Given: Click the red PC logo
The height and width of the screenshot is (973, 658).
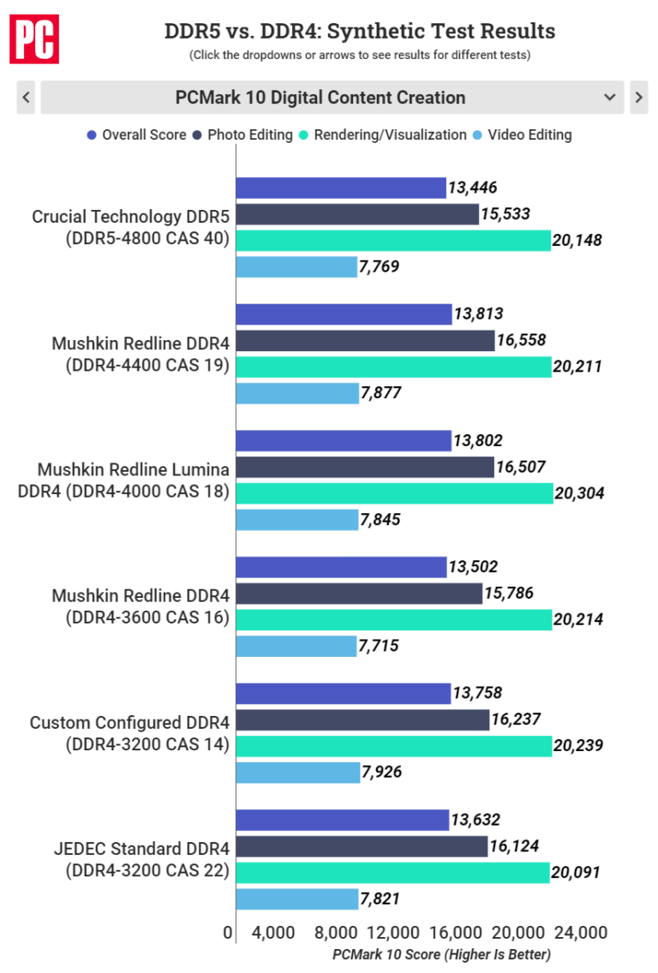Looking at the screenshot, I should [34, 38].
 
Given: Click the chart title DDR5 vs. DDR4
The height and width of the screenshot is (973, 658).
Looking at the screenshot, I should [360, 32].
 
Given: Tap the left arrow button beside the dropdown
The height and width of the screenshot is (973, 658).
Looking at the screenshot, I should [26, 97].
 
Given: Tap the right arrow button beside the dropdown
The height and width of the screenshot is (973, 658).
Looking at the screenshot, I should [638, 97].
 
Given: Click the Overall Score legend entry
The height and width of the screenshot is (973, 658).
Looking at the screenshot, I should [136, 134].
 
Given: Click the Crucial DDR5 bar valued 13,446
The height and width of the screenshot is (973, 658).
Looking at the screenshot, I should [340, 188].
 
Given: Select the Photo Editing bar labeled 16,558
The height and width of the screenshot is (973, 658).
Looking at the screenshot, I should [365, 341].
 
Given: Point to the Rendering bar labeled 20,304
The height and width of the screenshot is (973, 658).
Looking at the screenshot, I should [393, 493].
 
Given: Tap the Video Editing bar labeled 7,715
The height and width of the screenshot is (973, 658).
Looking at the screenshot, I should [296, 646].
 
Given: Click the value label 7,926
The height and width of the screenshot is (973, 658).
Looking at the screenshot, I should [383, 772].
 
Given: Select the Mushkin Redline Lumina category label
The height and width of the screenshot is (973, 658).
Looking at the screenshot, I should [134, 481].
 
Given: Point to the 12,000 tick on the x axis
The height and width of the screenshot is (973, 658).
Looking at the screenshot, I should [393, 933].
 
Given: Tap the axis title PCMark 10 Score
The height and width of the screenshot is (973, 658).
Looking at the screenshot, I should [441, 954].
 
